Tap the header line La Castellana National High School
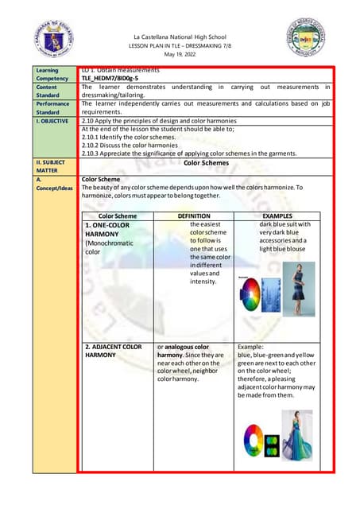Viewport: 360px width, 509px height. [x=180, y=37]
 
